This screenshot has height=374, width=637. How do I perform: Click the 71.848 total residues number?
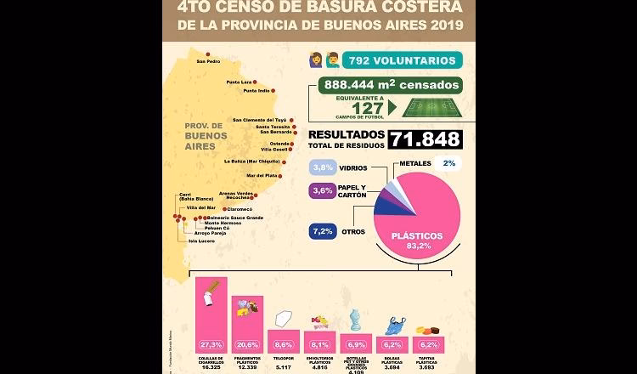pyautogui.click(x=426, y=139)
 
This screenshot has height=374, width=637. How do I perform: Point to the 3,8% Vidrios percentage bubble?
pyautogui.click(x=323, y=167)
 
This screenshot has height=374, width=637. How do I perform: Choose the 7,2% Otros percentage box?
pyautogui.click(x=323, y=231)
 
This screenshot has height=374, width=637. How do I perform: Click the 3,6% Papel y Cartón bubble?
pyautogui.click(x=323, y=191)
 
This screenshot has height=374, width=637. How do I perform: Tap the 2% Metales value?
pyautogui.click(x=448, y=163)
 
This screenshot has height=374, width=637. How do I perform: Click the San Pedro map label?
pyautogui.click(x=208, y=61)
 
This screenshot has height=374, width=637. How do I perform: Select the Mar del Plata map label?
pyautogui.click(x=262, y=176)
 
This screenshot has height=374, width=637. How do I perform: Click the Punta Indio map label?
pyautogui.click(x=256, y=90)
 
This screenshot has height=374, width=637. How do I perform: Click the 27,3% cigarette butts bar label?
pyautogui.click(x=211, y=344)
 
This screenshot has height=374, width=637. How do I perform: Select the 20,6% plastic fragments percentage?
pyautogui.click(x=247, y=344)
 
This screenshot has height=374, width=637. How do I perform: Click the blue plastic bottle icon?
pyautogui.click(x=355, y=319)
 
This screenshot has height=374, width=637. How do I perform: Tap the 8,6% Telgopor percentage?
pyautogui.click(x=283, y=344)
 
